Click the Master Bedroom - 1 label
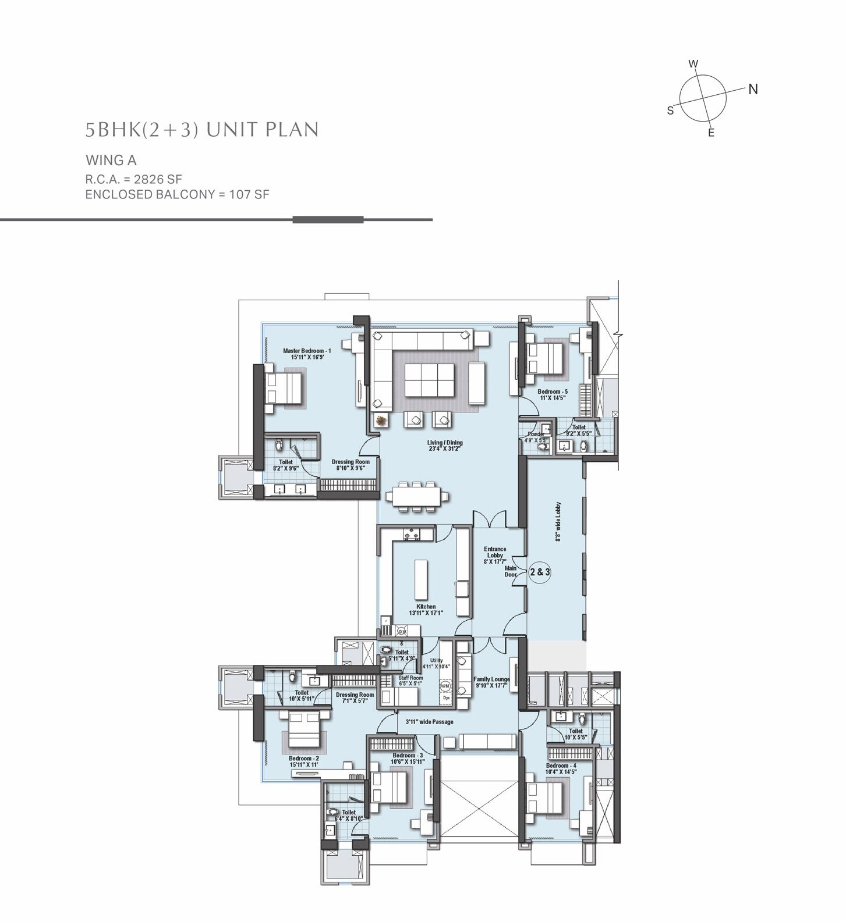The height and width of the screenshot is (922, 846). click(307, 354)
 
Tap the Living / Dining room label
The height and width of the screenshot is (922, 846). click(445, 446)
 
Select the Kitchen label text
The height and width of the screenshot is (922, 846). click(426, 609)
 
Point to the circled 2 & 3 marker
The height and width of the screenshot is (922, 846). click(540, 572)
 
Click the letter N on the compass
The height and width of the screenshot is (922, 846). click(753, 89)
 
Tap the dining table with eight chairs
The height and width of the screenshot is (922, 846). click(417, 496)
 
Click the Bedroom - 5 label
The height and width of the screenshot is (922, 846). click(553, 395)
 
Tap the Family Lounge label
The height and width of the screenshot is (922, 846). click(491, 682)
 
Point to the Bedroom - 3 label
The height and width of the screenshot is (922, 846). click(408, 758)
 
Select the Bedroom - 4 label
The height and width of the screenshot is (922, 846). click(561, 768)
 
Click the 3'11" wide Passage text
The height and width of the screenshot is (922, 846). click(429, 722)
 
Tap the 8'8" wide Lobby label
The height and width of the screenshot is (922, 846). click(558, 522)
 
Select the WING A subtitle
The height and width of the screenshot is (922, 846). click(111, 160)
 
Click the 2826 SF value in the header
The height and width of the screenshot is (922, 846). click(158, 179)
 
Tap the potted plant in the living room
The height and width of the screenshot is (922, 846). click(381, 419)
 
